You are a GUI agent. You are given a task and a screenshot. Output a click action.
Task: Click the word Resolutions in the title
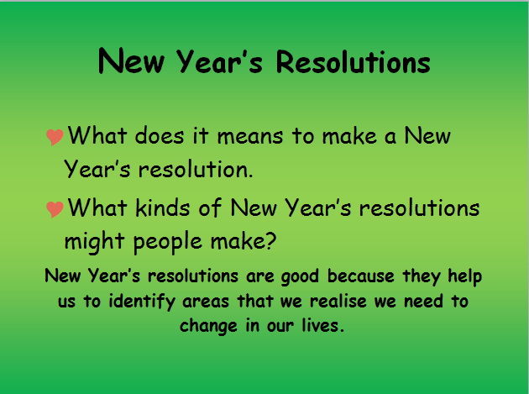[x=353, y=62]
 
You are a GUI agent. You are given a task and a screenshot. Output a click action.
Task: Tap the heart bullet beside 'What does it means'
[x=55, y=137]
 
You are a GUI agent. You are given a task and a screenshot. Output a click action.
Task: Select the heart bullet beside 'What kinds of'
[x=55, y=209]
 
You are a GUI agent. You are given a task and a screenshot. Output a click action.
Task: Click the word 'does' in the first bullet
[x=160, y=136]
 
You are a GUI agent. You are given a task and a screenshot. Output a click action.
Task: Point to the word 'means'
[x=250, y=137]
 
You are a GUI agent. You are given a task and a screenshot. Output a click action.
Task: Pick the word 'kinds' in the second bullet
[x=163, y=208]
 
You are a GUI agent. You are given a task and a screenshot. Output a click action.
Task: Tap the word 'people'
[x=168, y=243]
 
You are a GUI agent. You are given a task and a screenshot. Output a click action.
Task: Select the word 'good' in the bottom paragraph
[x=300, y=277]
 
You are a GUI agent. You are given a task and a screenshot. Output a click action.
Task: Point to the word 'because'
[x=361, y=276]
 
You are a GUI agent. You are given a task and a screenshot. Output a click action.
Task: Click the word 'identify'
[x=142, y=301]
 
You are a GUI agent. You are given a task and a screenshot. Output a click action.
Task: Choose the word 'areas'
[x=206, y=301]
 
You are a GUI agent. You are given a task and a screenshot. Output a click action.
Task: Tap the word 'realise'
[x=338, y=301]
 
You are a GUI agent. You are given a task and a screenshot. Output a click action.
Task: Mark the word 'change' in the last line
[x=208, y=326]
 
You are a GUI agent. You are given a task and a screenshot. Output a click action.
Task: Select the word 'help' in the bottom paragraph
[x=464, y=276]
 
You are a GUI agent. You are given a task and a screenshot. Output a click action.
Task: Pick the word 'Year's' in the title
[x=219, y=61]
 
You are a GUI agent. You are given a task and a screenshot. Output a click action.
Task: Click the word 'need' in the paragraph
[x=423, y=301]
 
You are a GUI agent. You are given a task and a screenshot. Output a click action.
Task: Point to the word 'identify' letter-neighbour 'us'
[x=142, y=301]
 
